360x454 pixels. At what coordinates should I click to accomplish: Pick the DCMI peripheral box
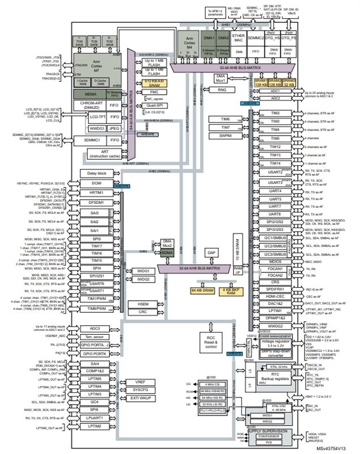[96, 183]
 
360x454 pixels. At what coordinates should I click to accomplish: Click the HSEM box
[143, 304]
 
